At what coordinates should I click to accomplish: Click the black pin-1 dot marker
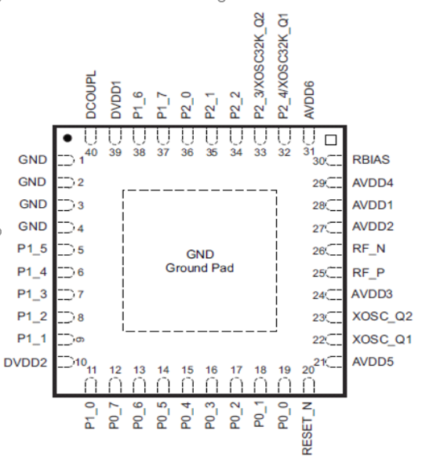[x=67, y=138]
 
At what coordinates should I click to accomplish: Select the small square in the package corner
[x=331, y=140]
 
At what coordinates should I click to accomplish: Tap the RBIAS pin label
[x=371, y=160]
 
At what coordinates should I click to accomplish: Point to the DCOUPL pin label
[x=91, y=95]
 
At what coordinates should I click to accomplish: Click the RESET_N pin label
[x=307, y=428]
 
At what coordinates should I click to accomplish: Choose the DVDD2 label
[x=25, y=362]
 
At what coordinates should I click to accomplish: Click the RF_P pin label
[x=369, y=273]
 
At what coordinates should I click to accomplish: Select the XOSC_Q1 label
[x=382, y=340]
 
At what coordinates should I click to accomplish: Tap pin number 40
[x=91, y=152]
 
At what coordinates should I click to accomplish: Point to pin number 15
[x=187, y=370]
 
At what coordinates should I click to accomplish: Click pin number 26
[x=318, y=251]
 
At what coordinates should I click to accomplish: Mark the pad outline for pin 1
[x=66, y=160]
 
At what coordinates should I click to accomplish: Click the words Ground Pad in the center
[x=199, y=268]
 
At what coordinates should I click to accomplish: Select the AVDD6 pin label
[x=309, y=100]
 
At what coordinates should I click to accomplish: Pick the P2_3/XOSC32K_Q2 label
[x=260, y=66]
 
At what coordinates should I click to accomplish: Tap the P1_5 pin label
[x=32, y=249]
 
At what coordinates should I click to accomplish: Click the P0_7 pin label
[x=115, y=416]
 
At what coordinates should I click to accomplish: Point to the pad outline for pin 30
[x=333, y=161]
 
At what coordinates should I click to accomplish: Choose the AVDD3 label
[x=372, y=294]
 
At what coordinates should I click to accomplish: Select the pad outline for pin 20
[x=308, y=385]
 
